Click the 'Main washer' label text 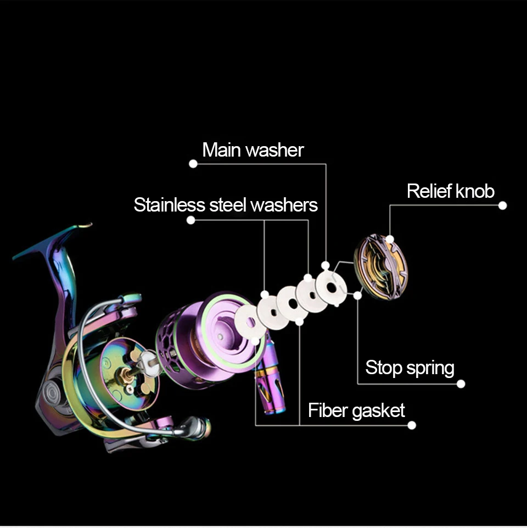(253, 150)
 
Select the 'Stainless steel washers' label (226, 205)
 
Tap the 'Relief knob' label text (450, 191)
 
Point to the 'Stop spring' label (410, 368)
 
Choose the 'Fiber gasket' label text (356, 410)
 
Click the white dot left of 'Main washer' (193, 164)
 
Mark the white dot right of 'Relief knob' (502, 205)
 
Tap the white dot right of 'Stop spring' (461, 384)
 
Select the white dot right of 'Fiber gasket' (412, 425)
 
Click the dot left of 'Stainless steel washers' (190, 220)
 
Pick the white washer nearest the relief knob (331, 287)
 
